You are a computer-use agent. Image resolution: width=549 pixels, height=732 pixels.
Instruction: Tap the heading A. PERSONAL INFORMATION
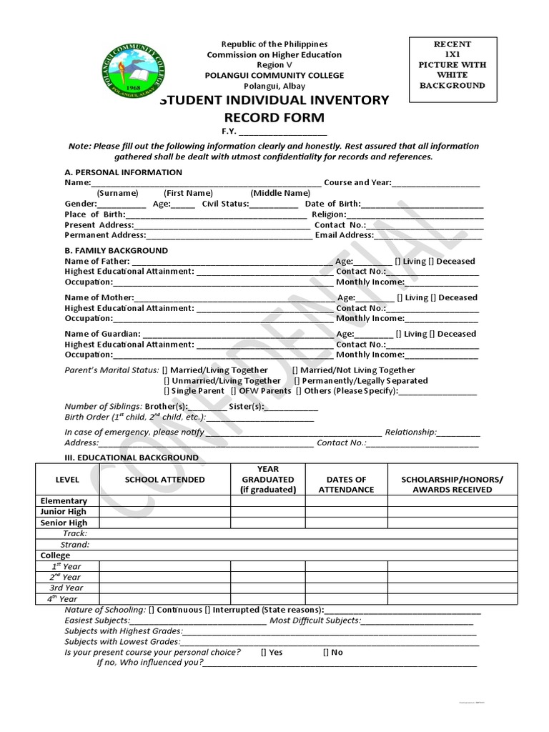tap(123, 172)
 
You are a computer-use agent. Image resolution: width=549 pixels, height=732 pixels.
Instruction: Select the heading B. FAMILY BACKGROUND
tap(116, 250)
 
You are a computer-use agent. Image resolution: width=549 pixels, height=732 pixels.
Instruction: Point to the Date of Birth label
tap(332, 204)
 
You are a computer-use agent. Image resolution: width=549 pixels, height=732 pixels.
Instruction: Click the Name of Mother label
tap(99, 297)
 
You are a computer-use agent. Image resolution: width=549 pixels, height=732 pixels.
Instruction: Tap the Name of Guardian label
tap(103, 334)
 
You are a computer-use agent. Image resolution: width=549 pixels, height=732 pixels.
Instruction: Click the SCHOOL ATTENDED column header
tap(164, 480)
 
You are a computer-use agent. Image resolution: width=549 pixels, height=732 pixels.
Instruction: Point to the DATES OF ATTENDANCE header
tap(346, 485)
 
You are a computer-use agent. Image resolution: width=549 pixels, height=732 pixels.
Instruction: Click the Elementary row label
tap(64, 501)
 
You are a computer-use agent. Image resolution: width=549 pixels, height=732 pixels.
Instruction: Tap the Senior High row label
tap(64, 523)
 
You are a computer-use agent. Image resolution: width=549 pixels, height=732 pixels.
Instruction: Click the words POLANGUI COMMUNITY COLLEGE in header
tap(274, 76)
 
